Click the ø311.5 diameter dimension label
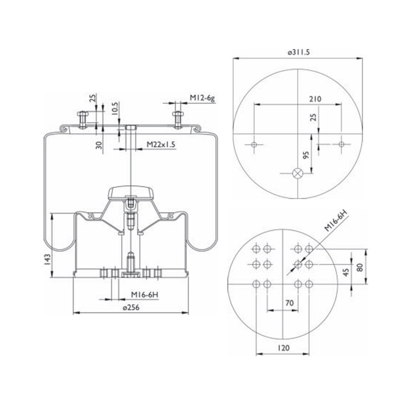[x=298, y=52]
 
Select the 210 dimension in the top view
[x=315, y=99]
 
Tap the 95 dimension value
[x=306, y=155]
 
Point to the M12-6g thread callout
[x=202, y=98]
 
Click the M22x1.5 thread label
[x=161, y=144]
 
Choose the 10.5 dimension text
[x=115, y=109]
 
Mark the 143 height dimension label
[x=48, y=260]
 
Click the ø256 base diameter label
[x=131, y=308]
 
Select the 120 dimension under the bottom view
[x=283, y=348]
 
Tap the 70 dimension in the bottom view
[x=290, y=303]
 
